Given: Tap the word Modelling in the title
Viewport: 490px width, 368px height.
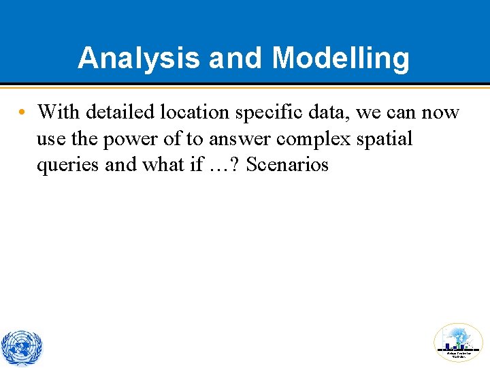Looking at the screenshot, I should pyautogui.click(x=341, y=59).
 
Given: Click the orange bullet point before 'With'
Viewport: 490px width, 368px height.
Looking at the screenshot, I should pyautogui.click(x=22, y=112).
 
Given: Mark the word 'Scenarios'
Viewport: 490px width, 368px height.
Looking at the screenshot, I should pyautogui.click(x=287, y=165).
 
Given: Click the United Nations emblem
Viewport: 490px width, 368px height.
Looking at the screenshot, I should pyautogui.click(x=21, y=348).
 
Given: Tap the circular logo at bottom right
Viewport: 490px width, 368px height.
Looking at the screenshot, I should pyautogui.click(x=458, y=342).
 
